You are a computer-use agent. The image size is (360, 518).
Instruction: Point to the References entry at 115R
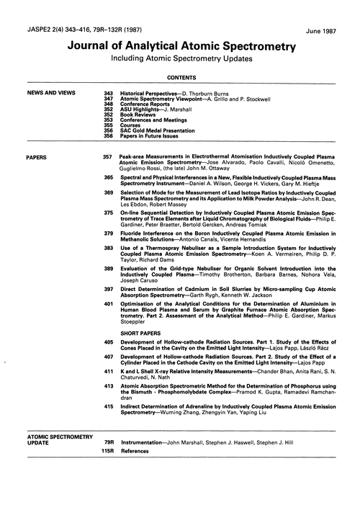pos(135,451)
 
